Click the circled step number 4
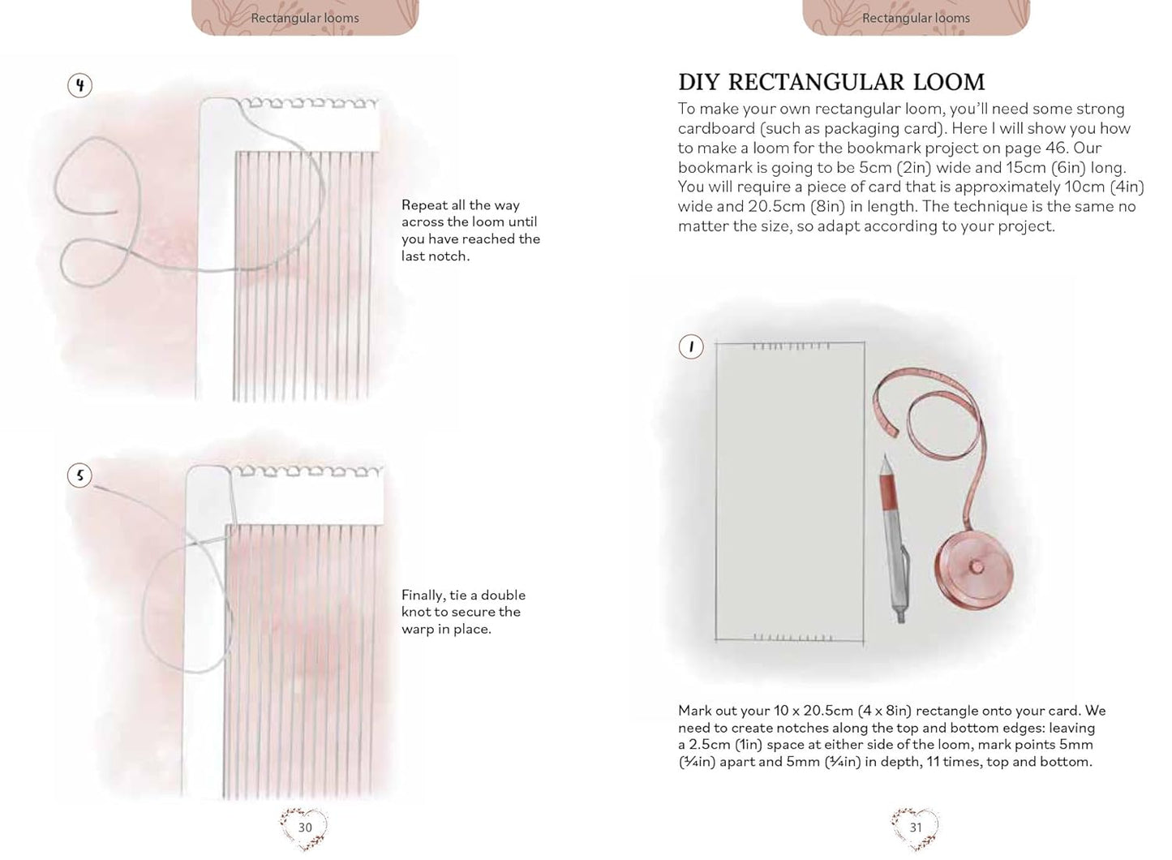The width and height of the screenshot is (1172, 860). (x=80, y=85)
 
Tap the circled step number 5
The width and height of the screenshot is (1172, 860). (x=79, y=475)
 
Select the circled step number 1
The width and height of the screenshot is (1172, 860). (x=691, y=346)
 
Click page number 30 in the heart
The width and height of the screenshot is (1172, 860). (x=305, y=827)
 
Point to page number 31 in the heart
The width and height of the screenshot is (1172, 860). (x=915, y=827)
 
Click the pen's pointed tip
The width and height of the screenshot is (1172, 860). (x=886, y=455)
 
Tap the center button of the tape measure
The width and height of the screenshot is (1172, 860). (x=977, y=565)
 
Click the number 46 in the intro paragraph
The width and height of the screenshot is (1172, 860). (x=1055, y=148)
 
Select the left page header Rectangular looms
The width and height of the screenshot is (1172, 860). (x=305, y=18)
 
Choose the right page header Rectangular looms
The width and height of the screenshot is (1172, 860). (x=916, y=18)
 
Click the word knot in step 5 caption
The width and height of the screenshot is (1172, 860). (x=416, y=612)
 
